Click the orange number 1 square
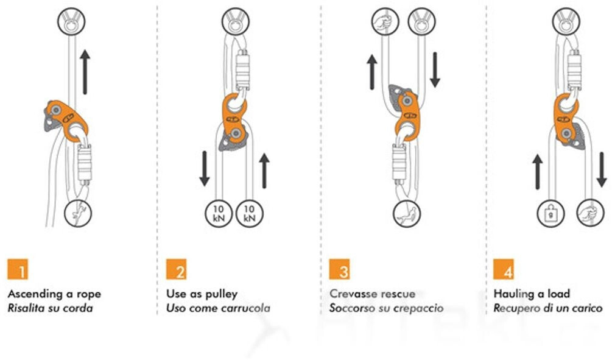click(18, 269)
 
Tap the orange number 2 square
click(177, 269)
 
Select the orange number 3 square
click(340, 269)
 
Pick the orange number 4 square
click(504, 269)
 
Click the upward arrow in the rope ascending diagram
click(85, 72)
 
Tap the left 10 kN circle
click(217, 214)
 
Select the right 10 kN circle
click(248, 214)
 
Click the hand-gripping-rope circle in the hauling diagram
click(588, 214)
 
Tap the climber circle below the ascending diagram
click(76, 213)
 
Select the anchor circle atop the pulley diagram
click(233, 24)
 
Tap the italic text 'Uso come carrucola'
click(218, 308)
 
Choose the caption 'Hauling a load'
click(532, 294)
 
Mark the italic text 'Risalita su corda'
click(50, 308)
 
